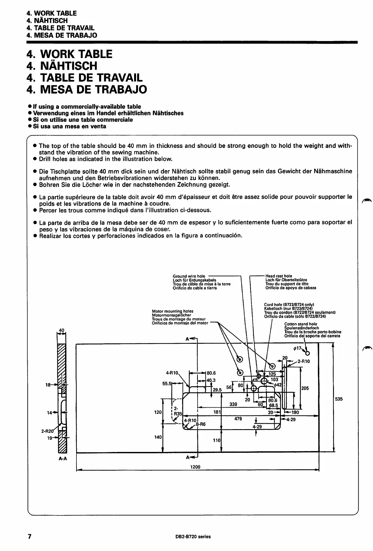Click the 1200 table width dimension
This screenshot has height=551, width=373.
point(195,467)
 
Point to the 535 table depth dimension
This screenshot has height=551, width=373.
point(338,399)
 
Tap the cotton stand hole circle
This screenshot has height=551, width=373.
point(307,354)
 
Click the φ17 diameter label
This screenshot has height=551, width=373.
point(297,349)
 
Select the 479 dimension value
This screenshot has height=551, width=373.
point(238,419)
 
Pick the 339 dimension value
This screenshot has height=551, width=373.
point(233,404)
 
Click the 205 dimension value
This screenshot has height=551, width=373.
point(305,388)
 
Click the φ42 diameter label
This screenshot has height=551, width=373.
point(277,385)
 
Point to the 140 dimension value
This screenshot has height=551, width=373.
point(158,437)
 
